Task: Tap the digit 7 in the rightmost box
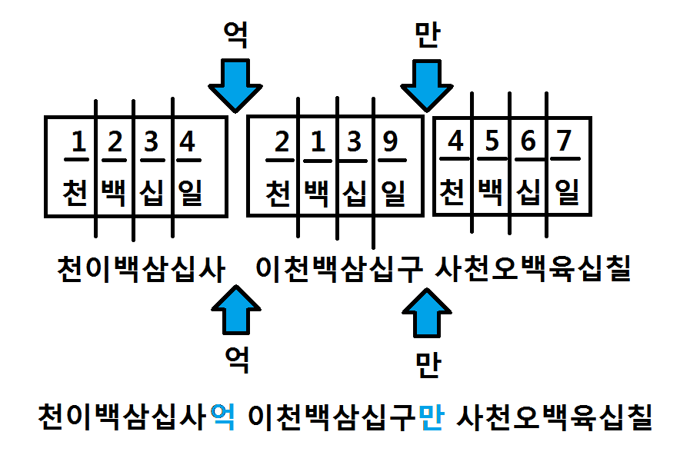565,142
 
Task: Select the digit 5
492,142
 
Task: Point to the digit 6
528,142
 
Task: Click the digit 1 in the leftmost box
77,142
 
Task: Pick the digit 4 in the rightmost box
456,142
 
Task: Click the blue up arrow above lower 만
428,311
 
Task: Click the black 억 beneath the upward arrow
234,358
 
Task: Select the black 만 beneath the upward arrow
427,360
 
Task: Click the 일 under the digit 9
392,192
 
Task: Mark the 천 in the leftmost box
75,192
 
